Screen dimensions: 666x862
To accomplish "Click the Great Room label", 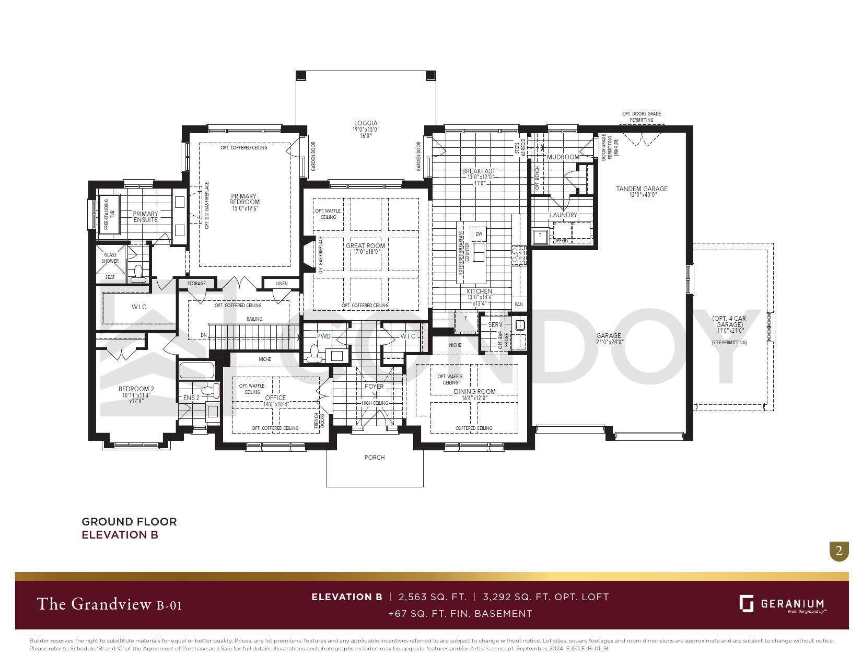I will click(365, 246).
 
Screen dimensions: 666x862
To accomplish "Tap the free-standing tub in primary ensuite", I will click(110, 214).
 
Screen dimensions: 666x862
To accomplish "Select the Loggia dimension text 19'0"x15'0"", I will click(366, 130).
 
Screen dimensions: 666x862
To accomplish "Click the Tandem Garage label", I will click(642, 189).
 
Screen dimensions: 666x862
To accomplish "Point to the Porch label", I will click(374, 458).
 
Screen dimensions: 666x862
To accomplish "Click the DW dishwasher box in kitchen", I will click(479, 233).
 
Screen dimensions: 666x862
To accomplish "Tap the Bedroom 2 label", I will click(136, 389).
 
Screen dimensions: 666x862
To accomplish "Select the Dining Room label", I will click(474, 391).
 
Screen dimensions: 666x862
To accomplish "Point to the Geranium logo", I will click(782, 604).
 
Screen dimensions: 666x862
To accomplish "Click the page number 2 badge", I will click(839, 551).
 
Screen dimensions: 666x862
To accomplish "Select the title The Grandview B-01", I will click(109, 604).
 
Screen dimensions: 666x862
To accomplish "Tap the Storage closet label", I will click(196, 284).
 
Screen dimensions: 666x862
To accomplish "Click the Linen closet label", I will click(282, 284).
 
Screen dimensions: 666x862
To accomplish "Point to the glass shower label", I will click(110, 258).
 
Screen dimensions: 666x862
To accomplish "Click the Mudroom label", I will click(563, 157).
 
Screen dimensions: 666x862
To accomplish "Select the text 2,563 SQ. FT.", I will click(432, 597).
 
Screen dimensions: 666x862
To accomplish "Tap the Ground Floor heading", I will click(129, 521).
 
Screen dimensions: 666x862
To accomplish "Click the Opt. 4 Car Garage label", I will click(729, 321).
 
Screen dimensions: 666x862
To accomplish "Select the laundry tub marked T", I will click(540, 236).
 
